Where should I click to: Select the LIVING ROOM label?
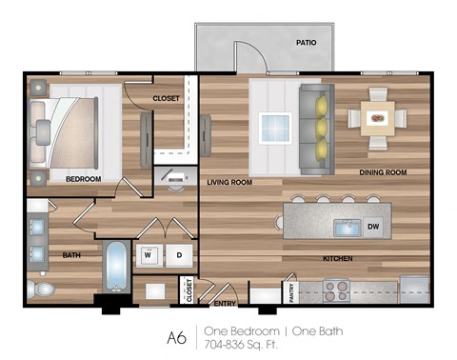[230, 182]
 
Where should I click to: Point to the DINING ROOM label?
[383, 172]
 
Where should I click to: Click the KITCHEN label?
[337, 258]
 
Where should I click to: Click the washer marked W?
[149, 255]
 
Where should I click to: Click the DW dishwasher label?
[372, 227]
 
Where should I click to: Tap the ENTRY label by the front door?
[225, 304]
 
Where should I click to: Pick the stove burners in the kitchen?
[337, 290]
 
